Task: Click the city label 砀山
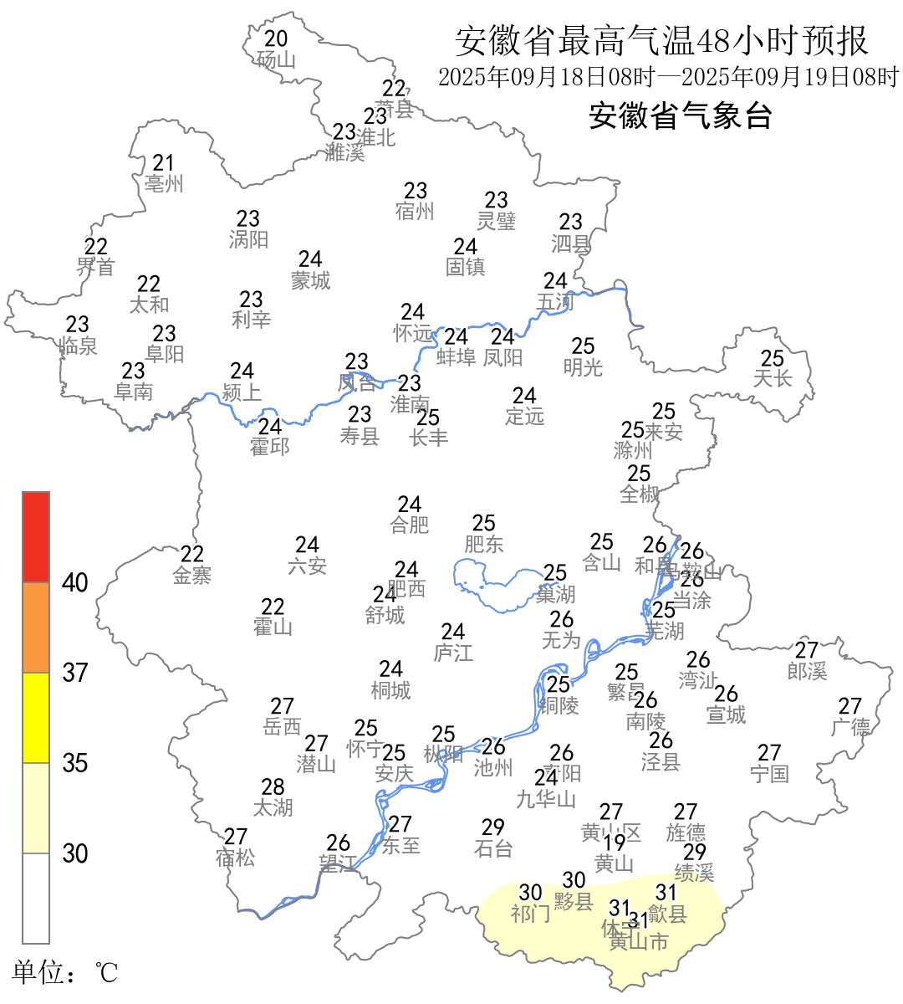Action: coord(276,60)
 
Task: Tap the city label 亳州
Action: coord(163,184)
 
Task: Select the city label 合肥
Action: coord(410,525)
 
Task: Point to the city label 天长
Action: coord(772,379)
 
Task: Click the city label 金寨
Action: coord(192,576)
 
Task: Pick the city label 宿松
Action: coord(235,858)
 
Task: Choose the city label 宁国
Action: coord(769,774)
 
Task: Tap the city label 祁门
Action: coord(531,914)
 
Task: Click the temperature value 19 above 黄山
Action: coord(615,843)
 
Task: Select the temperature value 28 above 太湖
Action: coord(273,787)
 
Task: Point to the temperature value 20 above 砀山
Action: coord(276,38)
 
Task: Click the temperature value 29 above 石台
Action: coord(493,827)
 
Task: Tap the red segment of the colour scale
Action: coord(36,537)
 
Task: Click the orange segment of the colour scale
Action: coord(36,627)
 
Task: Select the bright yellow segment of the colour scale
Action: coord(36,718)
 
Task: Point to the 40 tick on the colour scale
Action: coord(75,582)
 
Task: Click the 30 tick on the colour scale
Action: coord(75,853)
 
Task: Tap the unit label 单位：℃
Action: coord(65,972)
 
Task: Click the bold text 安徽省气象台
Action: coord(680,115)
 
